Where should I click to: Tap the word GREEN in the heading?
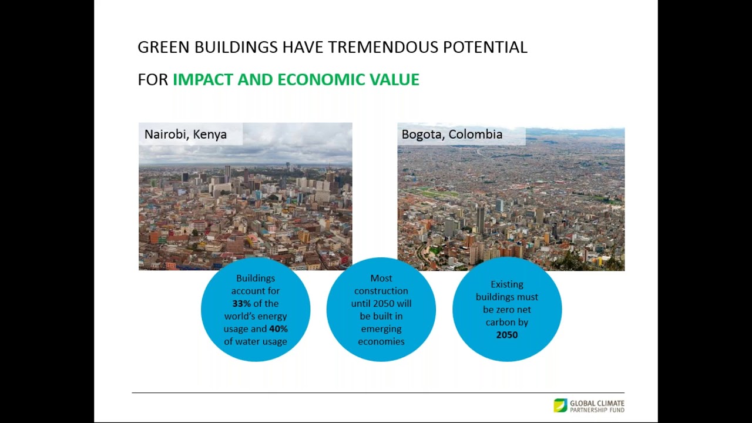click(164, 48)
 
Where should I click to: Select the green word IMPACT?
click(203, 80)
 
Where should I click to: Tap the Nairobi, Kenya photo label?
click(186, 135)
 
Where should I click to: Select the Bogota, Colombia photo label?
click(452, 135)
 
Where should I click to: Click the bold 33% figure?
click(241, 304)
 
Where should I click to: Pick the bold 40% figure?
click(278, 329)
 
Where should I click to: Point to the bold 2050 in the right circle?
click(506, 335)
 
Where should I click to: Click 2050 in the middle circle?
click(384, 304)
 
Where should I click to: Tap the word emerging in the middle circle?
click(381, 329)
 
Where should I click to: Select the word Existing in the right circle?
click(506, 284)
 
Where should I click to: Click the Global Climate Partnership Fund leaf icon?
click(560, 405)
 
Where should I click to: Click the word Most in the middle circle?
click(381, 278)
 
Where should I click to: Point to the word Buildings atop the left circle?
click(255, 278)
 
